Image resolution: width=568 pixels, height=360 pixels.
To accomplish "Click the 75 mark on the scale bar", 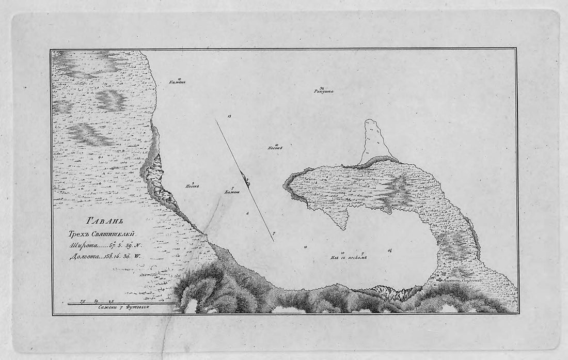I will point(82,300).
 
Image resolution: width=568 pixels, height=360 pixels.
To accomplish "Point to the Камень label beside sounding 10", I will point(177,82).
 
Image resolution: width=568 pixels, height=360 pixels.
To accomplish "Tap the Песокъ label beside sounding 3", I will point(192,186).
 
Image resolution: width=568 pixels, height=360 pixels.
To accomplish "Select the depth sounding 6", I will point(247,213).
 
